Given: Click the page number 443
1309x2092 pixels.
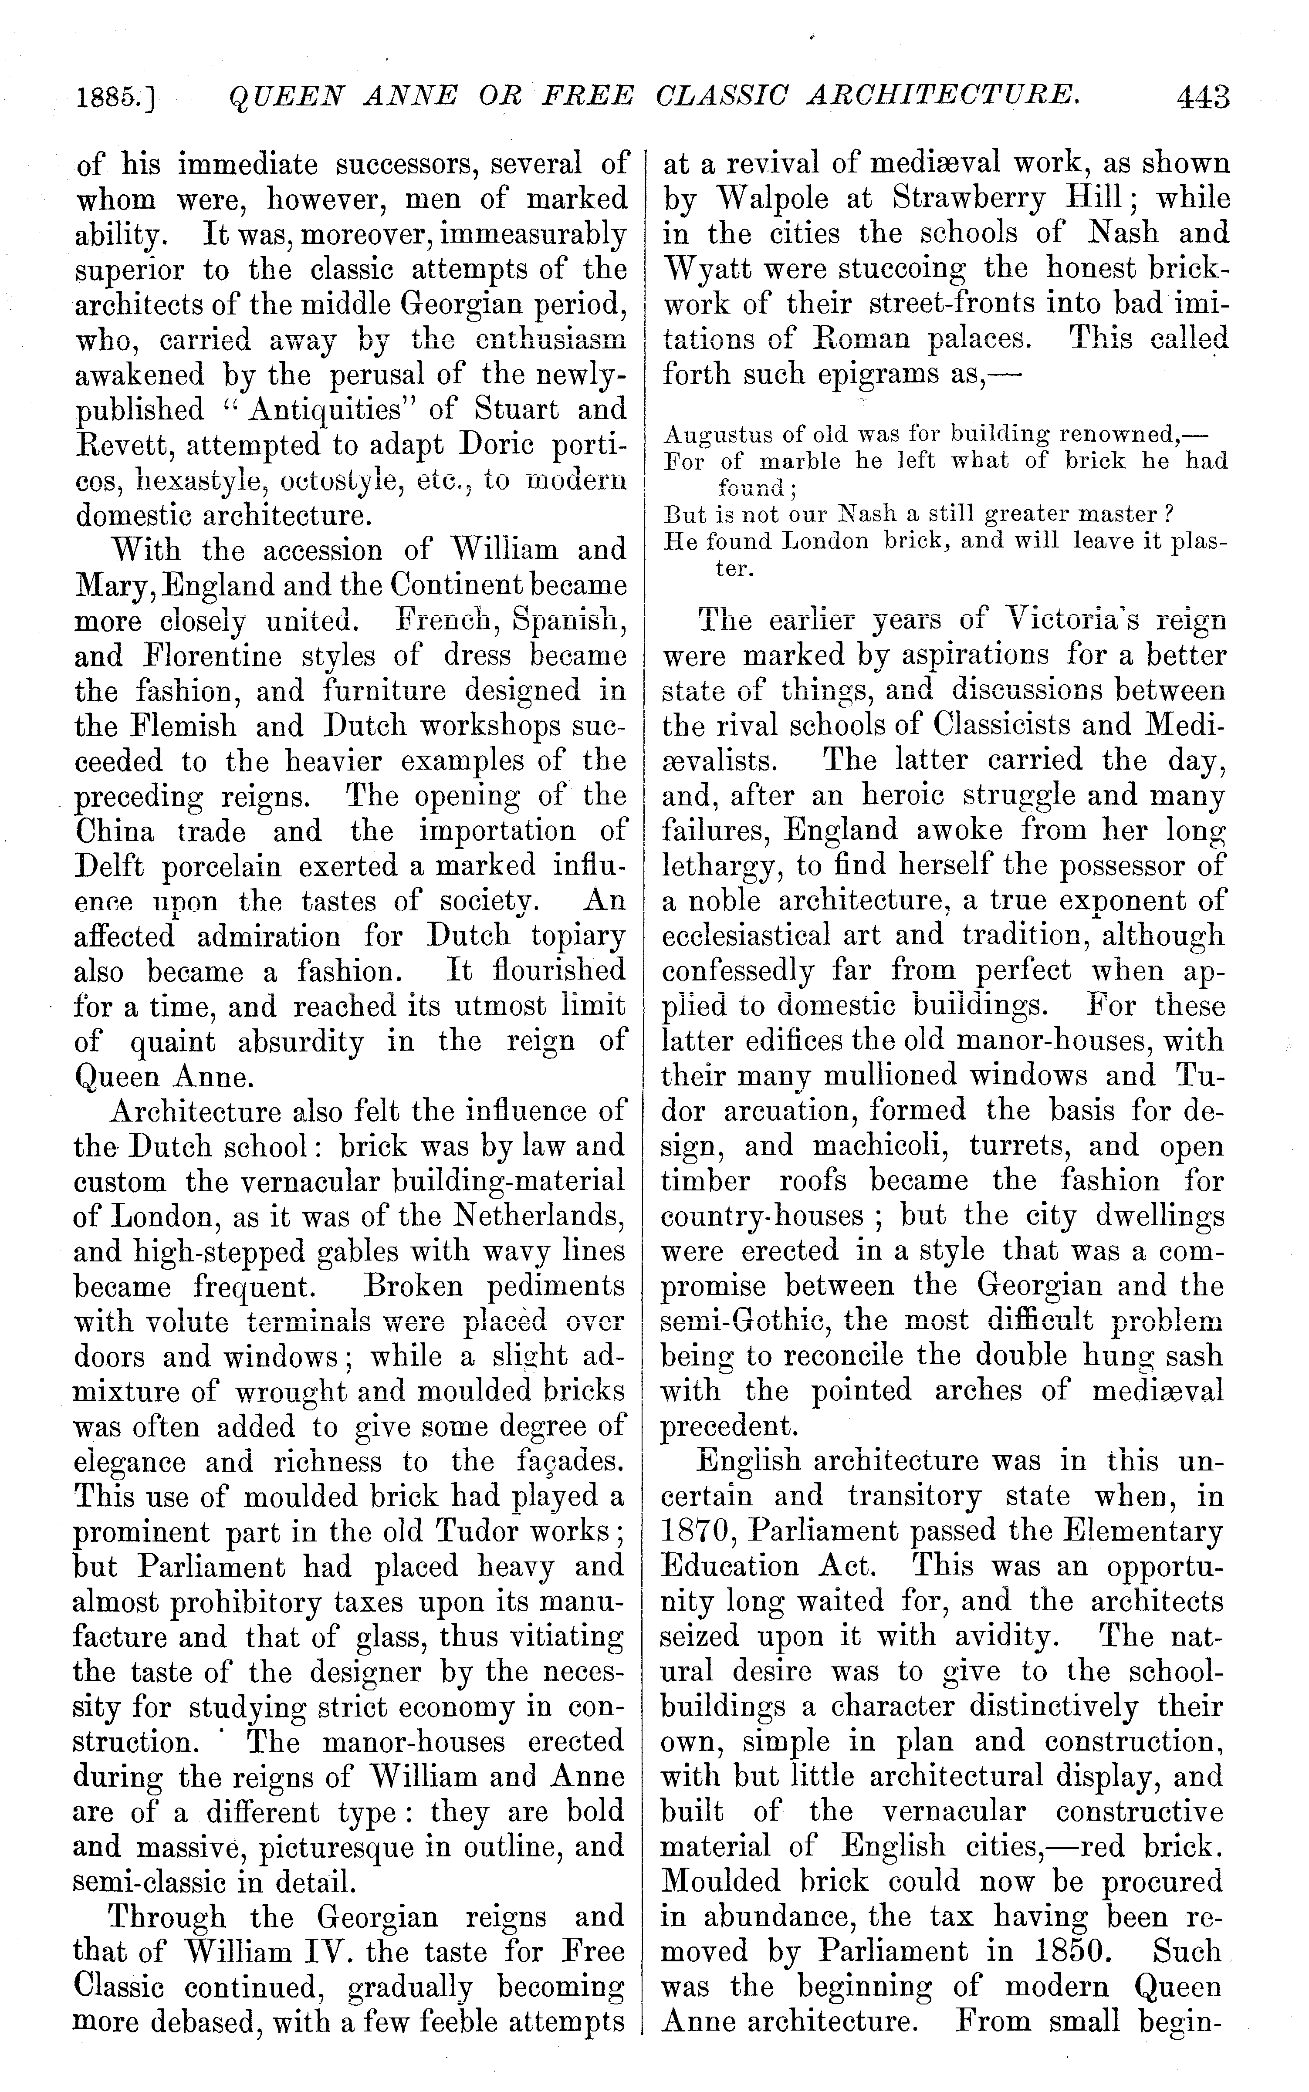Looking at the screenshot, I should click(1202, 97).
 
